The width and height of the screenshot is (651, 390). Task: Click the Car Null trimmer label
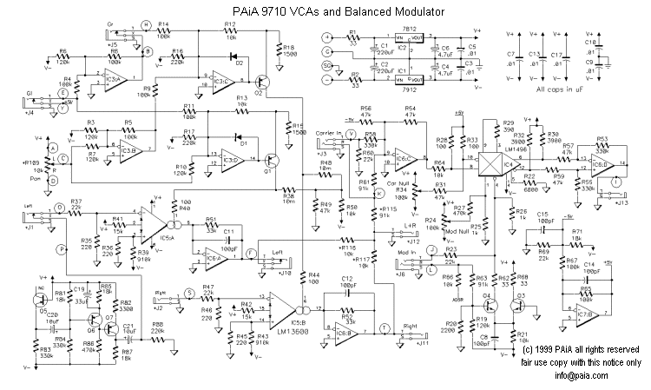[x=398, y=183]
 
